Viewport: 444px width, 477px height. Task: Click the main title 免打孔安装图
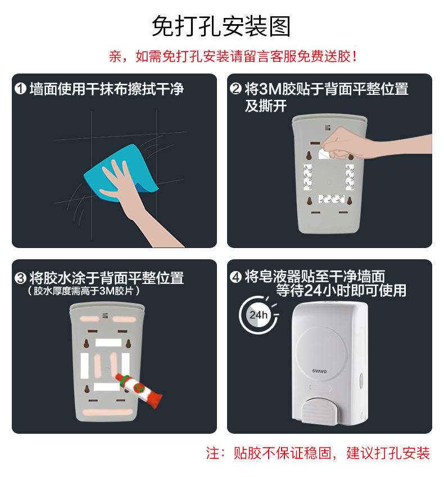click(221, 26)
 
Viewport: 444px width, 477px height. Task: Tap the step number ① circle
click(21, 89)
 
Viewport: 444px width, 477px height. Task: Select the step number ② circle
click(236, 89)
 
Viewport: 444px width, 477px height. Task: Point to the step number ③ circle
click(21, 278)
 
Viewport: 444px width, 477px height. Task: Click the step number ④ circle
click(236, 277)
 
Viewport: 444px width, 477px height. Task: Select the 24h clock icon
click(258, 315)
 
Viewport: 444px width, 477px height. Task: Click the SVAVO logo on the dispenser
click(319, 371)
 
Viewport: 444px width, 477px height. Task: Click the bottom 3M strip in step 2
click(331, 199)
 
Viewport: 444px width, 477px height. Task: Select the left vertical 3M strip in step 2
click(308, 177)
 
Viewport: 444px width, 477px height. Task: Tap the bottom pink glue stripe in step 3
click(108, 412)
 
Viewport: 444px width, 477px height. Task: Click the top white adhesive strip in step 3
click(108, 342)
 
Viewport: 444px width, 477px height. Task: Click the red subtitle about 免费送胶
click(233, 57)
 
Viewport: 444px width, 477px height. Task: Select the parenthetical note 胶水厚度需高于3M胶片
click(84, 291)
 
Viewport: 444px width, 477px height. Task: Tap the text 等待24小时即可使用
click(341, 290)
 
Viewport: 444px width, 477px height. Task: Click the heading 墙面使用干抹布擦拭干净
click(107, 89)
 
